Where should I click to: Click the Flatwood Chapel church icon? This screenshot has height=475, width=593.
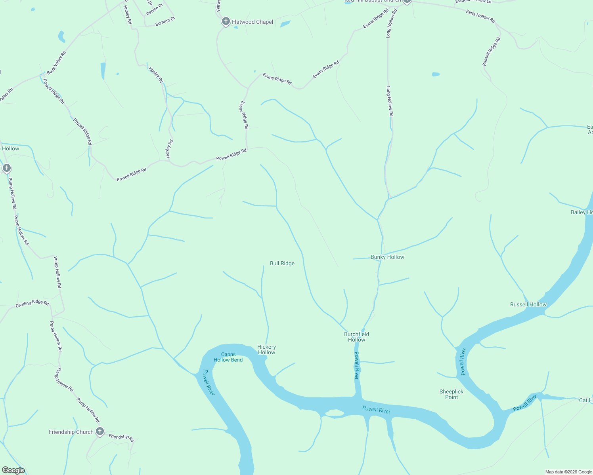[x=226, y=21]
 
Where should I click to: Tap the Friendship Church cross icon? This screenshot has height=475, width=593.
[x=100, y=431]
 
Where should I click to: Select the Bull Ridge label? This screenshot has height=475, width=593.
[x=282, y=263]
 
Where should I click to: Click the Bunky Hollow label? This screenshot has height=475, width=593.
[x=387, y=257]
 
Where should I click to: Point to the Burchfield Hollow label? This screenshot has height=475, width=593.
[x=356, y=337]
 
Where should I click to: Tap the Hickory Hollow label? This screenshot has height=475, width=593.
[x=266, y=350]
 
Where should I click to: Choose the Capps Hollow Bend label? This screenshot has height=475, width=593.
[x=228, y=357]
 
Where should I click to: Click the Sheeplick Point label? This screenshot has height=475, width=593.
[x=451, y=394]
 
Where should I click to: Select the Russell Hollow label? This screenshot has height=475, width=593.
[x=528, y=304]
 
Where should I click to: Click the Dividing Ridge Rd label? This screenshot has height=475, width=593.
[x=32, y=304]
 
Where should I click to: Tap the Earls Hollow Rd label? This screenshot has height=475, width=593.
[x=480, y=16]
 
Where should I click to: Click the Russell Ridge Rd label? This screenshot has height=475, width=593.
[x=491, y=51]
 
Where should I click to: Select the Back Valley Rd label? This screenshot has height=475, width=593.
[x=56, y=63]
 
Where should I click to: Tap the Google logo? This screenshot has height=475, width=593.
[x=13, y=470]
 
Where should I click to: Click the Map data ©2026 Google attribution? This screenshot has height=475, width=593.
[x=568, y=472]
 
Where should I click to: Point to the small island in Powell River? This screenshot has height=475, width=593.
[x=335, y=413]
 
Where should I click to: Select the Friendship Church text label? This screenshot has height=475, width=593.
[x=71, y=432]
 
